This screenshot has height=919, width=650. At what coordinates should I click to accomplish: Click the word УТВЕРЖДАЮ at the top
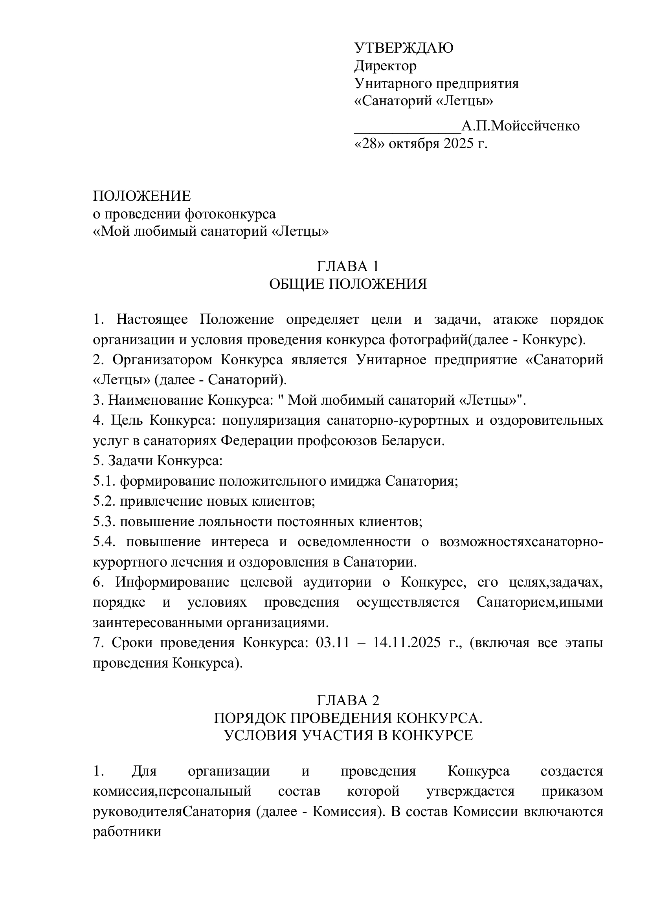click(x=404, y=48)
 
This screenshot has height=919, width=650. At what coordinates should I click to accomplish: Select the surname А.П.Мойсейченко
click(x=520, y=126)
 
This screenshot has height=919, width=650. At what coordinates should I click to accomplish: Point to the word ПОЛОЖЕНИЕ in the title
click(x=142, y=196)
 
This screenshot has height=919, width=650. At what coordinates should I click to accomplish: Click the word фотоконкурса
click(x=230, y=214)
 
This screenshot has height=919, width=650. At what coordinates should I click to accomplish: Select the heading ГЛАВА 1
click(x=348, y=266)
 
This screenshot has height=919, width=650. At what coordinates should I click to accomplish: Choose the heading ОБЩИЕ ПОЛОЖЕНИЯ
click(x=348, y=284)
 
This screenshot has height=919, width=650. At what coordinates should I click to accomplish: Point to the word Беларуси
click(x=412, y=441)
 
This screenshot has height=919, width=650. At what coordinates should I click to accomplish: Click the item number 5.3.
click(x=105, y=521)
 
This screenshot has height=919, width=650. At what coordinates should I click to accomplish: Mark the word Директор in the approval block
click(x=386, y=66)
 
